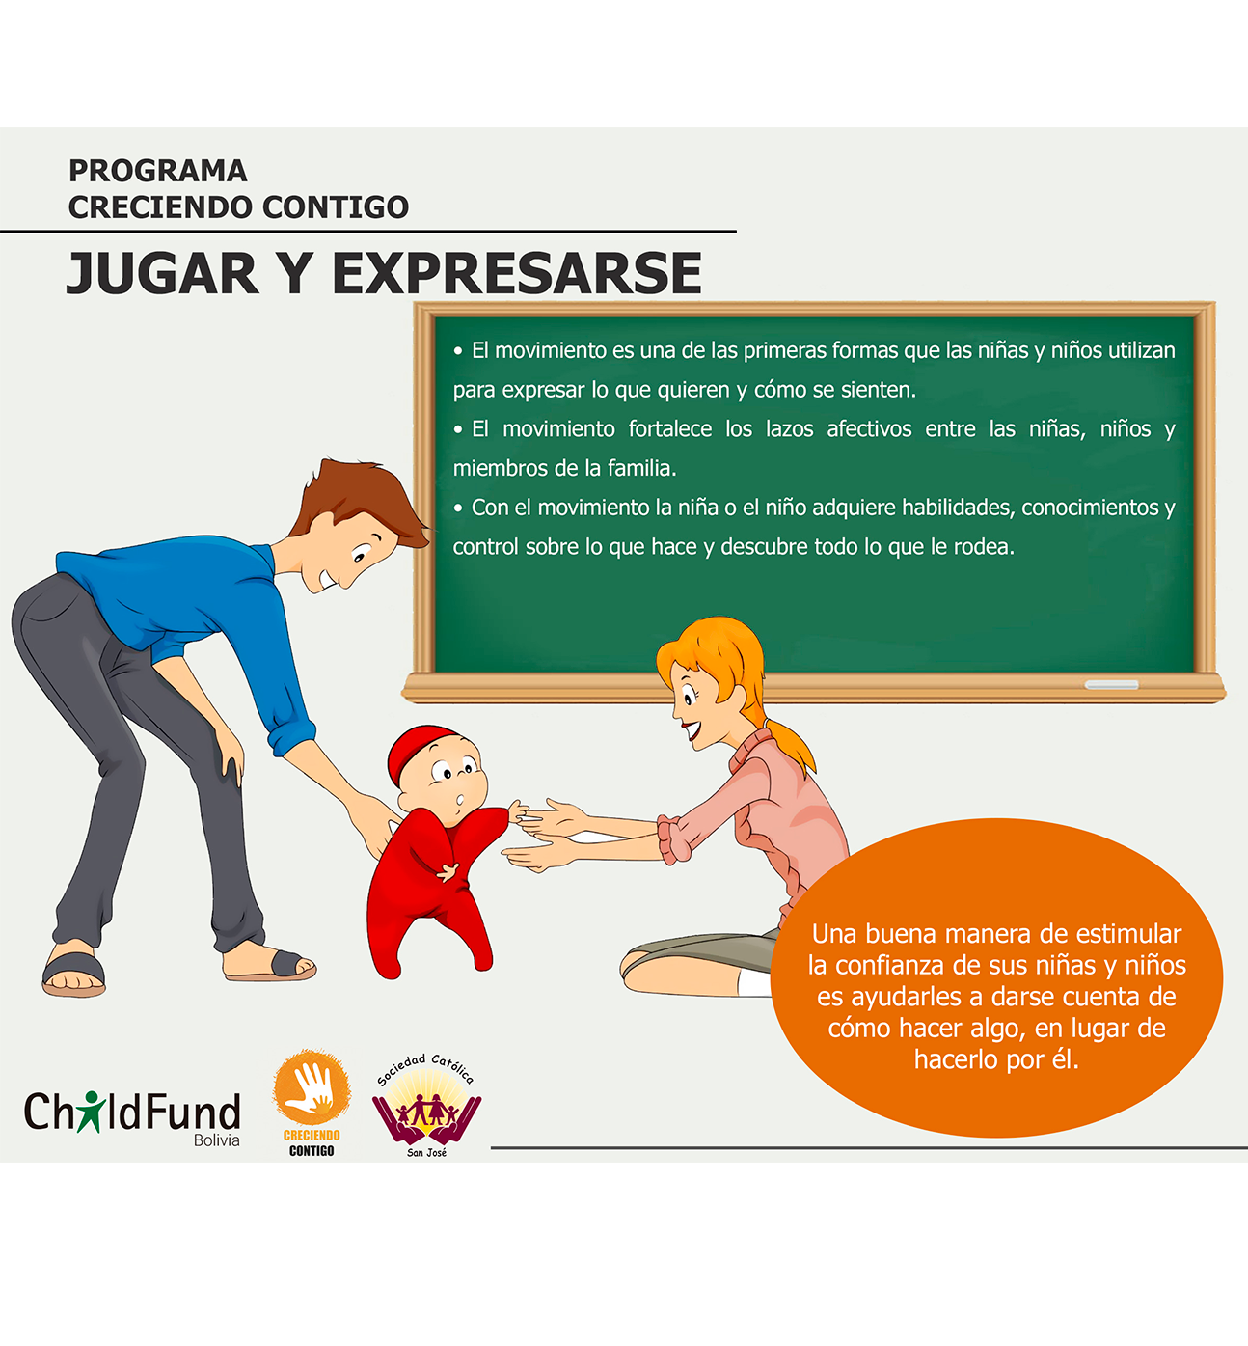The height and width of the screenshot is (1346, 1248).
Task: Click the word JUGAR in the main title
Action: tap(163, 272)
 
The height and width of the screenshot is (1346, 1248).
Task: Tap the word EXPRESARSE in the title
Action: tap(517, 272)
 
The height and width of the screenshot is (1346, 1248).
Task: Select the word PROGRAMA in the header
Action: tap(158, 171)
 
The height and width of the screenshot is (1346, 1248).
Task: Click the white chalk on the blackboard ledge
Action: tap(1111, 684)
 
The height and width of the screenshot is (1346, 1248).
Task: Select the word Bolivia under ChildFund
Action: tap(217, 1140)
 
